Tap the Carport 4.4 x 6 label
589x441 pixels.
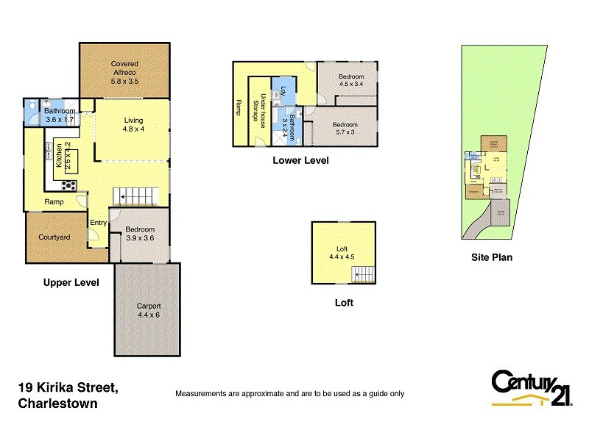point(148,311)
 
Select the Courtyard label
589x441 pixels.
point(54,237)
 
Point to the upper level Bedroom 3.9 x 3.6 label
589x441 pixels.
point(139,233)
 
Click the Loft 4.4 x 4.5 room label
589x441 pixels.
point(342,252)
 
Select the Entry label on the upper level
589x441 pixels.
point(98,223)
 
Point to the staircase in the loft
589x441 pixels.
point(364,274)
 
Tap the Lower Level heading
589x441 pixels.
point(300,160)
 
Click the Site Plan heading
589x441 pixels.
point(492,257)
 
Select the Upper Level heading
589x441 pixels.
point(71,282)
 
